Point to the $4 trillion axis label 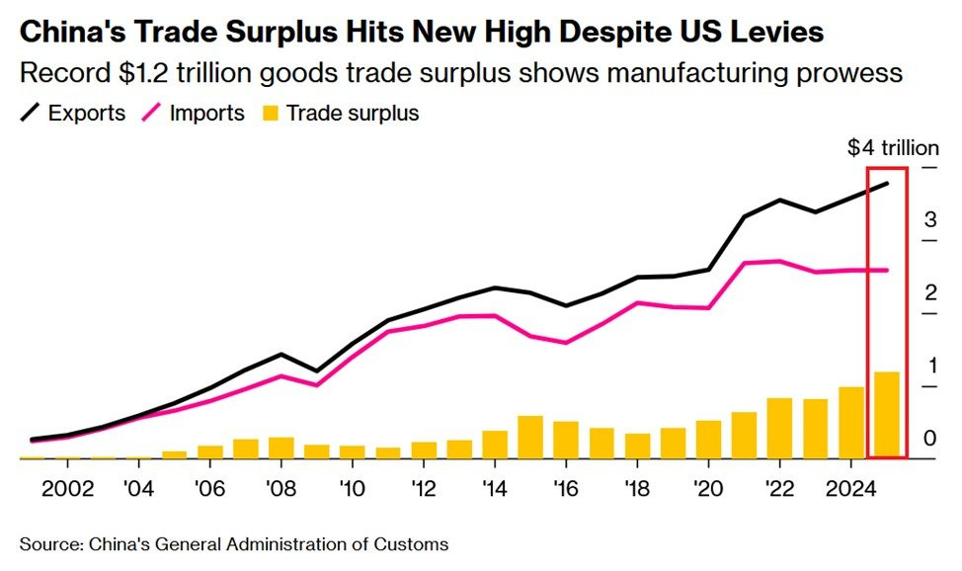click(x=893, y=148)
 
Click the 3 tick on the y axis click(x=929, y=220)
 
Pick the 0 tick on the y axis click(x=929, y=438)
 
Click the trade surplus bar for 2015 click(x=529, y=438)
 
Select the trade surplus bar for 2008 click(x=281, y=448)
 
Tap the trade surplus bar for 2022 click(x=779, y=429)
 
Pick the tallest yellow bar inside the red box click(x=886, y=415)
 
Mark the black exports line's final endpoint click(x=886, y=184)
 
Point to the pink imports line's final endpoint click(x=886, y=270)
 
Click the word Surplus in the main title click(x=290, y=32)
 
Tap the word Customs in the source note click(x=416, y=544)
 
